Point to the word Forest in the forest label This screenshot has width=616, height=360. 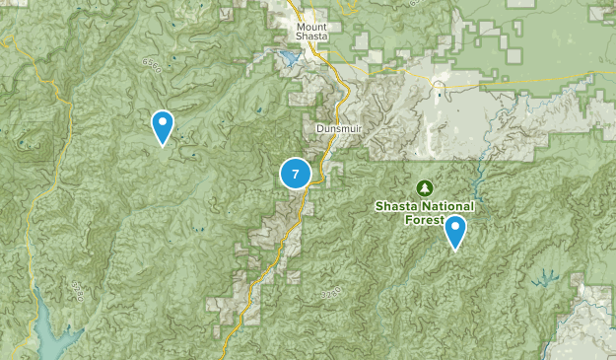426,219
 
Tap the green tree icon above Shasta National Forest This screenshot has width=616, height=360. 425,187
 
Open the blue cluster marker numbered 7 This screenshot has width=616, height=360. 296,174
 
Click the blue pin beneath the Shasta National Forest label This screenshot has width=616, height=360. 454,233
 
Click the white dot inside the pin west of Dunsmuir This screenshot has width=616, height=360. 163,122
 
